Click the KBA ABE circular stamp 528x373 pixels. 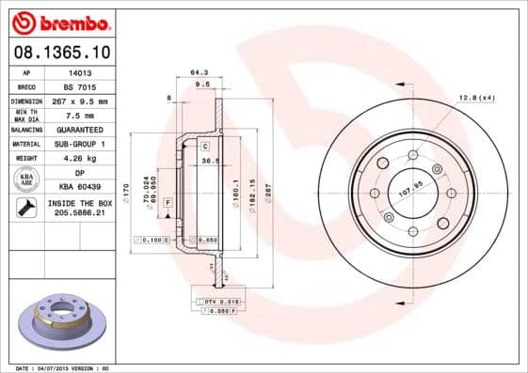(25, 179)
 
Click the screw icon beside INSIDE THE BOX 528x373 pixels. (25, 208)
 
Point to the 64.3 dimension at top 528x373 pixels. (199, 70)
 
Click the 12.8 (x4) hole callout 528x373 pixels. (476, 98)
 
